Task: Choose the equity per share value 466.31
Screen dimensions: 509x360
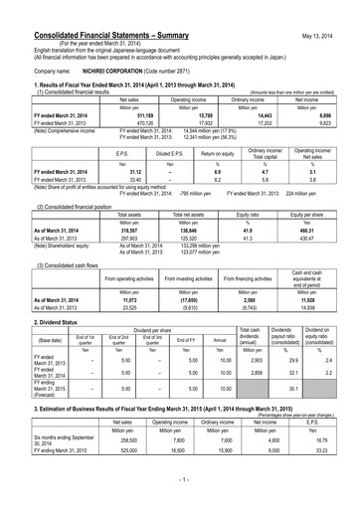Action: pos(319,231)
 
